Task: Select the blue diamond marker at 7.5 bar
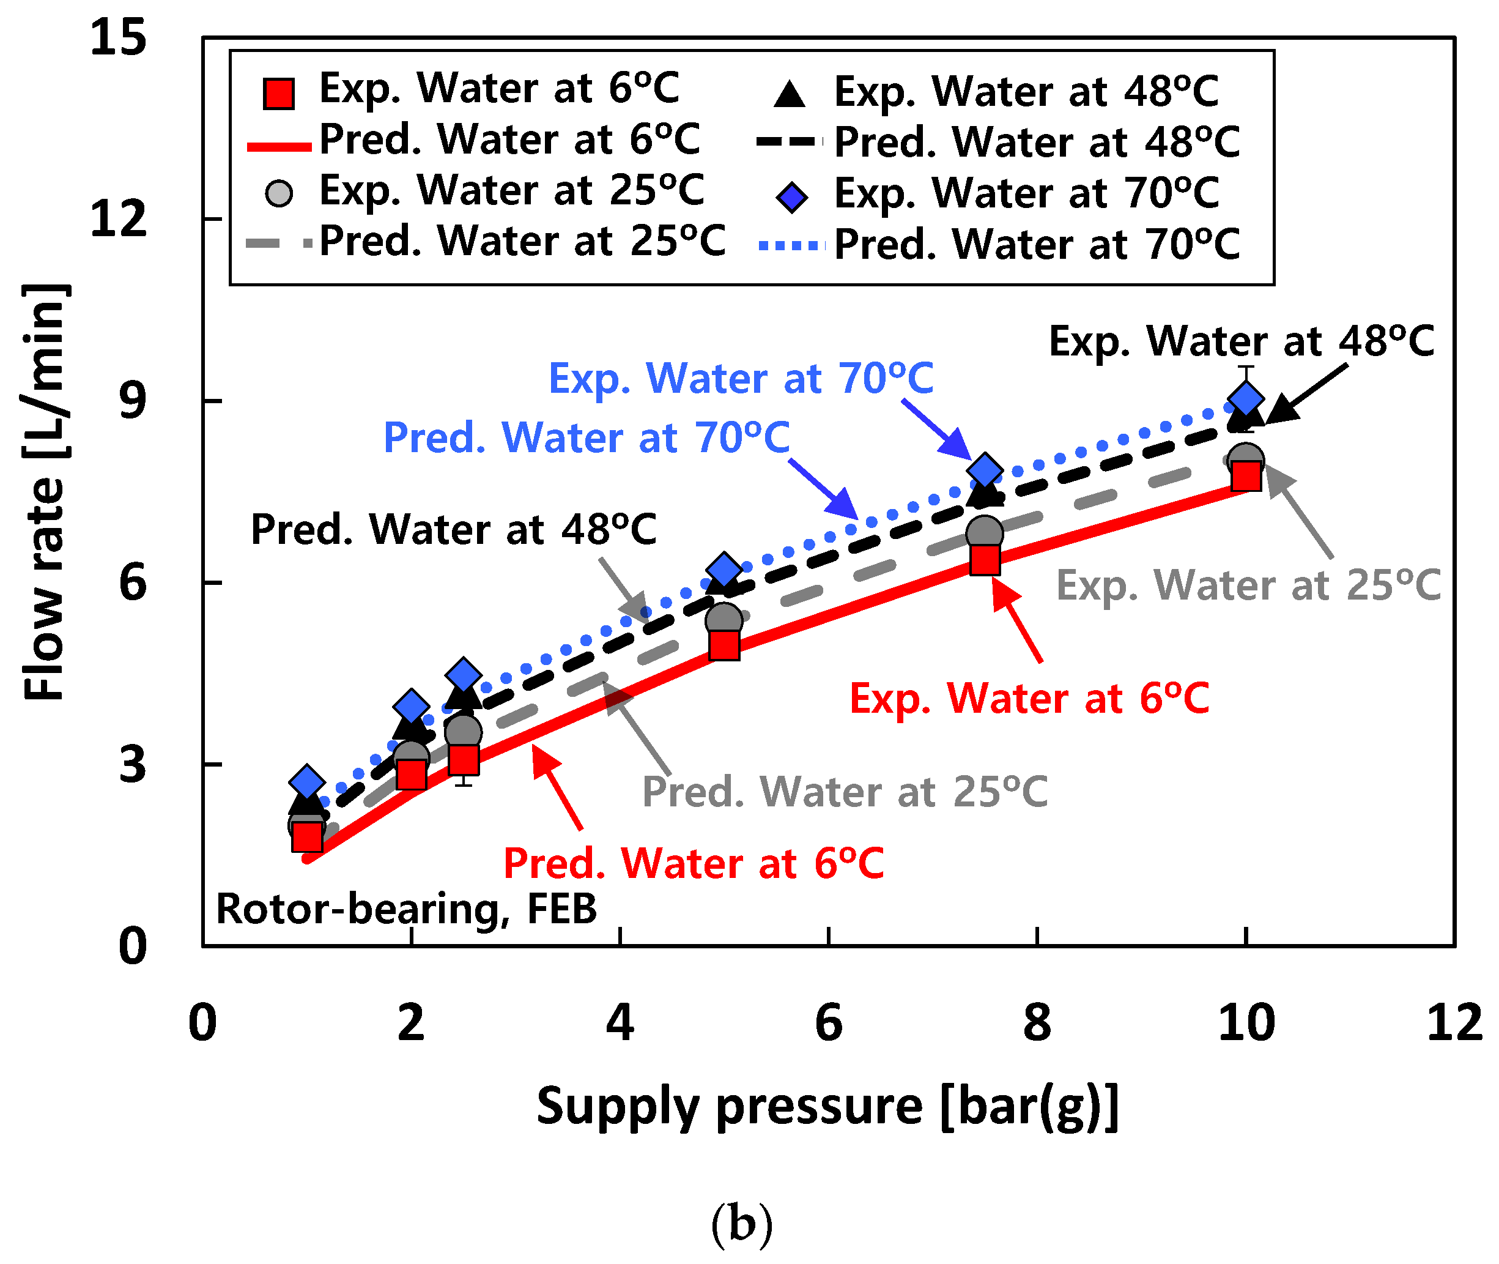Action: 985,470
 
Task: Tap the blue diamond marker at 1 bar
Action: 306,782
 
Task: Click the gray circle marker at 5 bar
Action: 724,619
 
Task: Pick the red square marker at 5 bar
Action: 724,645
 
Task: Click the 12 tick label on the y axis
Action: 118,218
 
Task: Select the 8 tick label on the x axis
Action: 1037,1022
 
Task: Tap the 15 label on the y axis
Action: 118,37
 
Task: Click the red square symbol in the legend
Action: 279,94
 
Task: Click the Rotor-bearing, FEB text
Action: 406,909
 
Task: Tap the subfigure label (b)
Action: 742,1224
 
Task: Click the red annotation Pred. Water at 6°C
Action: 694,863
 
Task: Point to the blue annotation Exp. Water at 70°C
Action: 741,377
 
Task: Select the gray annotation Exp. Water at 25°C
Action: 1248,586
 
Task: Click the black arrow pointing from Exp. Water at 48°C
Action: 1306,393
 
